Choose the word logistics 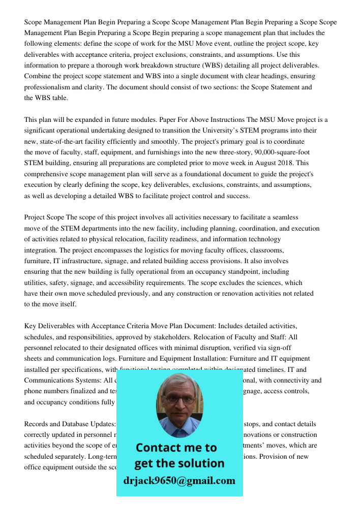(x=167, y=250)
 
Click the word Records (x=38, y=424)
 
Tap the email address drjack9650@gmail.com (x=179, y=481)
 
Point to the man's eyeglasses (x=180, y=400)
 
